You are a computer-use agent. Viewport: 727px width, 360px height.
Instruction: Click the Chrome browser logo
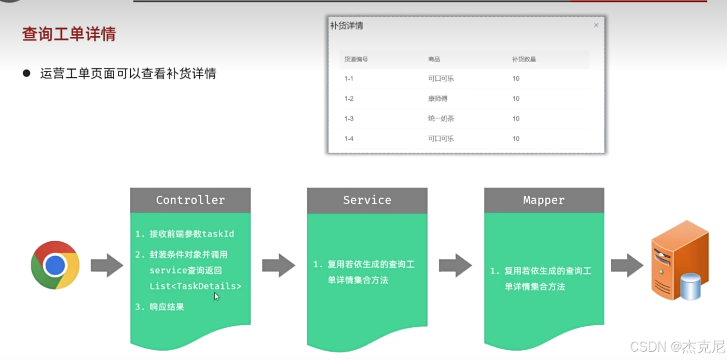pos(55,265)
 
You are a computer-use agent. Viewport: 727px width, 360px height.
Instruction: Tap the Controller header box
pos(190,200)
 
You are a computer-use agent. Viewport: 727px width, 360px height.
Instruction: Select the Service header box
pos(367,200)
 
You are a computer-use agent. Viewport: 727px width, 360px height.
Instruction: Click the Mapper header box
pos(544,200)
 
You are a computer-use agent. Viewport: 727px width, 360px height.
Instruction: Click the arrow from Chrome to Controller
pos(106,266)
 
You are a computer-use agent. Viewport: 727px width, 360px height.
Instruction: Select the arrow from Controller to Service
pos(278,266)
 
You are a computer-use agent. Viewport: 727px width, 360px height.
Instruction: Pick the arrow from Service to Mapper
pos(455,266)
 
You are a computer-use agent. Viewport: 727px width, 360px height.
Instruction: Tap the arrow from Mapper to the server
pos(627,266)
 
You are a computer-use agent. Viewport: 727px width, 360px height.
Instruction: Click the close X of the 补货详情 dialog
pos(596,25)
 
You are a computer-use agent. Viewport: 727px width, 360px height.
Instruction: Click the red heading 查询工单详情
pos(69,34)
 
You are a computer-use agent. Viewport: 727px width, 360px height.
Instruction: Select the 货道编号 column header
pos(356,59)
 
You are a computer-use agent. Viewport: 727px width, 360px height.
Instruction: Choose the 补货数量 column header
pos(524,59)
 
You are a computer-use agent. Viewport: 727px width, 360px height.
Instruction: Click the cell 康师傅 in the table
pos(437,99)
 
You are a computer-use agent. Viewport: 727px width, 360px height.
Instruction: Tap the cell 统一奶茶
pos(441,119)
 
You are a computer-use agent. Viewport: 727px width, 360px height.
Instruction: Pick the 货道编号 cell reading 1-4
pos(349,139)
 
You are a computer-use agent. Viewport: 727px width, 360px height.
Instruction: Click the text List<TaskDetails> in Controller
pos(195,286)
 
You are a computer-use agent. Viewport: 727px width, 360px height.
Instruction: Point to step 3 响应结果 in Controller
pos(166,307)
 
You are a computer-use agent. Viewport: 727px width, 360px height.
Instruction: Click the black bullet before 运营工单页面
pos(27,73)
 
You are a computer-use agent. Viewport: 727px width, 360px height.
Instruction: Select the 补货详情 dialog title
pos(347,25)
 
